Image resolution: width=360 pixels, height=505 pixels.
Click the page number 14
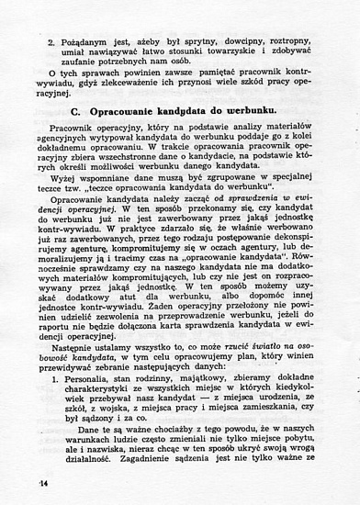pyautogui.click(x=43, y=482)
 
